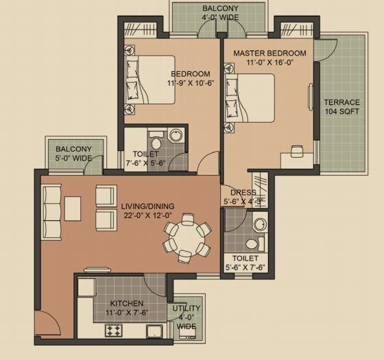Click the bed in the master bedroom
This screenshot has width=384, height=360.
pos(250,97)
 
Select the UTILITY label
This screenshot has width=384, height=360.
pos(187,309)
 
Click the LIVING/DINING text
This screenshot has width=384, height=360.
pos(147,206)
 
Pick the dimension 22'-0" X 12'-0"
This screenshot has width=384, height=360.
pos(147,215)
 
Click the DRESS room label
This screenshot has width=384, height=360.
pos(243,193)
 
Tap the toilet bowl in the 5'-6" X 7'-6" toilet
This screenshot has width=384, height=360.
pos(252,243)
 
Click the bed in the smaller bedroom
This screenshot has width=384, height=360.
pos(150,80)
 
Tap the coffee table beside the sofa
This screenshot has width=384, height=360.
pos(73,208)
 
